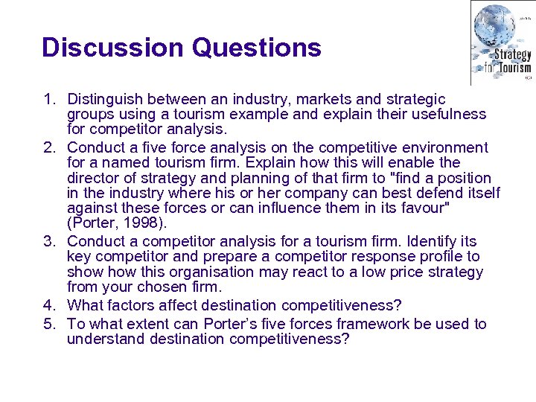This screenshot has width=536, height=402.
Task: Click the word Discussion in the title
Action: (x=112, y=48)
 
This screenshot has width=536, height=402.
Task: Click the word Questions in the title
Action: (x=256, y=48)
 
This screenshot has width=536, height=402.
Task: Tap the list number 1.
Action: (x=49, y=99)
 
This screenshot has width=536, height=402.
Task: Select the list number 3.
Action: (x=49, y=241)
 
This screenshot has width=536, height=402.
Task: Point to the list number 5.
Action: (x=49, y=324)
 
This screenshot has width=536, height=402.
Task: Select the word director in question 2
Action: (x=93, y=178)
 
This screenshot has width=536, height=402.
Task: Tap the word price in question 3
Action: (x=372, y=272)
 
